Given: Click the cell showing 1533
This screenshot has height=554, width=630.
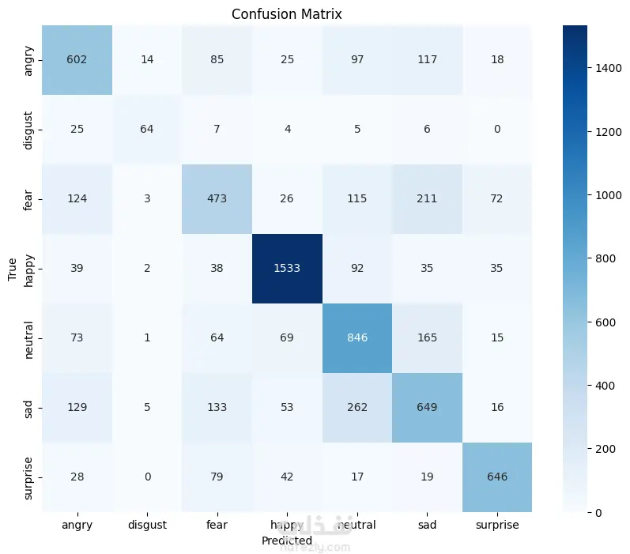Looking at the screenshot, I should click(x=287, y=269).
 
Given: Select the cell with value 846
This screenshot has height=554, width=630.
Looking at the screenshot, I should click(x=356, y=338).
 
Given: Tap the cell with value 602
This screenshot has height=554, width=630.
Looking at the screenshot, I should click(x=77, y=59).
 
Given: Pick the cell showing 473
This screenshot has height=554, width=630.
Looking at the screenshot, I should click(x=217, y=199).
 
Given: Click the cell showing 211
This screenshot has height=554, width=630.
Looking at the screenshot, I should click(x=427, y=199).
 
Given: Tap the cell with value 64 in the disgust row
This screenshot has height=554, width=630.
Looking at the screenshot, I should click(x=147, y=129).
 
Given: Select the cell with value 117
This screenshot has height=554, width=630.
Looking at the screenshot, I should click(x=427, y=59).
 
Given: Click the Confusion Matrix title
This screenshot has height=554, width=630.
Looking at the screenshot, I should click(x=287, y=14).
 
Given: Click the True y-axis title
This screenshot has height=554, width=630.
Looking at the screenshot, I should click(x=13, y=269).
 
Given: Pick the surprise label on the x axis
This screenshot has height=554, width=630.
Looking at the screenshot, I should click(x=496, y=524).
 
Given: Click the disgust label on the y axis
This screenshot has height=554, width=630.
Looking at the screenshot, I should click(x=29, y=129).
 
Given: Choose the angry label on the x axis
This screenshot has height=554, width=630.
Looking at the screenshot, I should click(x=77, y=524).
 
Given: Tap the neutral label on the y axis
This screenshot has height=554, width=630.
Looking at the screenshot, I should click(x=29, y=338).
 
